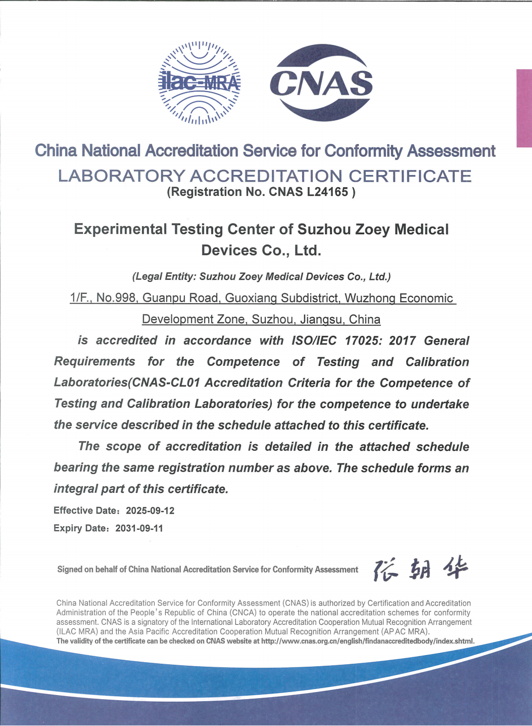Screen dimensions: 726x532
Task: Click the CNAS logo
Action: tap(321, 83)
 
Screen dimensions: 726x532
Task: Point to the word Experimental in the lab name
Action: tap(120, 229)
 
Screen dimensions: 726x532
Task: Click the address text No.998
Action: tap(116, 298)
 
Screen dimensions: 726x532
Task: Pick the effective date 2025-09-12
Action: tap(150, 510)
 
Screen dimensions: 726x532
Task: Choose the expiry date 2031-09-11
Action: tap(139, 528)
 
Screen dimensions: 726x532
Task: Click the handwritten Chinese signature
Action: tap(420, 569)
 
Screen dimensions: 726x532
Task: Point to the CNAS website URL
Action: tap(368, 641)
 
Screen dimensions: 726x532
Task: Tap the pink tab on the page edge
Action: tap(524, 108)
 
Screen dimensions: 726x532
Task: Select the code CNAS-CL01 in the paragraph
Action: tap(166, 383)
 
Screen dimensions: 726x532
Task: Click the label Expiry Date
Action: tap(80, 528)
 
